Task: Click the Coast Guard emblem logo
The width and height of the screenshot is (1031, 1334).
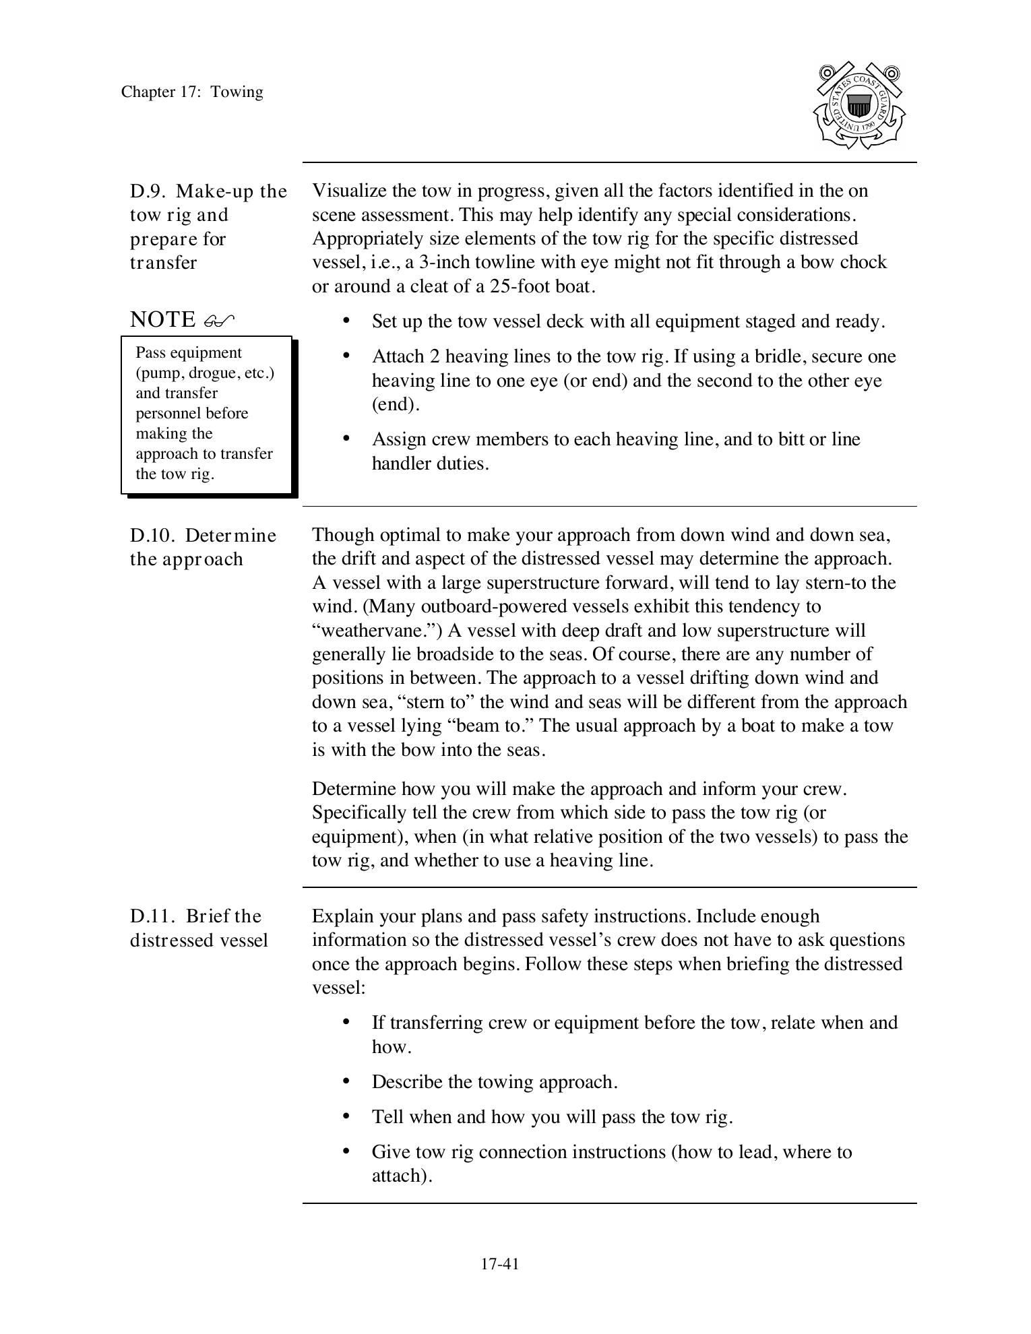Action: tap(859, 106)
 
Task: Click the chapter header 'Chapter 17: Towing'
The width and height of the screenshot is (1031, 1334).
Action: tap(192, 92)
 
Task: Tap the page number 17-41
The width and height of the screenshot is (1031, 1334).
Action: tap(499, 1264)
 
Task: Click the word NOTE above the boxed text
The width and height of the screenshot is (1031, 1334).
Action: tap(162, 319)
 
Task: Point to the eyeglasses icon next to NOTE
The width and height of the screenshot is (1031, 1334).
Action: tap(219, 321)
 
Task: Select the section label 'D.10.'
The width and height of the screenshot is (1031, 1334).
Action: tap(152, 536)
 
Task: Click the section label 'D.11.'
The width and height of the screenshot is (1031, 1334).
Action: tap(152, 916)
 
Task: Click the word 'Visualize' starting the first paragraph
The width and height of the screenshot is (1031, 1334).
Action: tap(349, 191)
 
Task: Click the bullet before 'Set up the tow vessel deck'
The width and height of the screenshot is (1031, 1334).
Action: tap(346, 321)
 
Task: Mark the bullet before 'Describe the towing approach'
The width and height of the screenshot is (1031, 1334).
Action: tap(346, 1081)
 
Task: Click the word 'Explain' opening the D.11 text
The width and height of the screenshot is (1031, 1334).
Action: tap(341, 916)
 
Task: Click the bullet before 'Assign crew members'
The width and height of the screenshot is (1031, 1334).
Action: tap(346, 439)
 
